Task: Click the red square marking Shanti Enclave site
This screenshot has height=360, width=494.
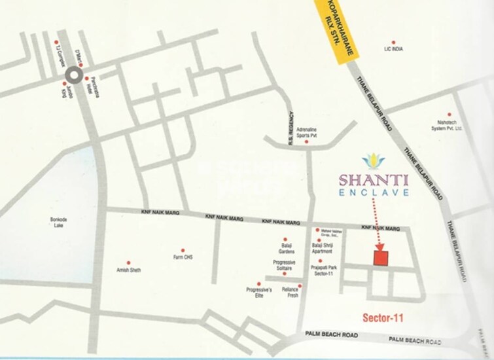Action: tap(382, 257)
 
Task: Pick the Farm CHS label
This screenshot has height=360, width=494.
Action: tap(183, 257)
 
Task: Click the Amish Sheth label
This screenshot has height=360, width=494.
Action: tap(128, 270)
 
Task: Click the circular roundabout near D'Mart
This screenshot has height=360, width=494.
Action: tap(74, 77)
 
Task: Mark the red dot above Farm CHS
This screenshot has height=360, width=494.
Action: tap(183, 249)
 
